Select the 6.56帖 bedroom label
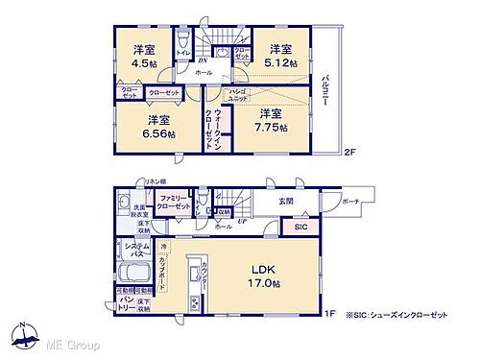[161, 134]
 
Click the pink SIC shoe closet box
[301, 228]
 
